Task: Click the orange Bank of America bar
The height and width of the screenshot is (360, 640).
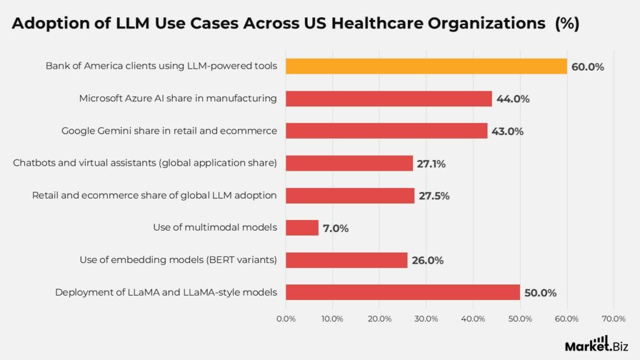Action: coord(426,66)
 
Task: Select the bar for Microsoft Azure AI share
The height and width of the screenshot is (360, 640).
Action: coord(389,98)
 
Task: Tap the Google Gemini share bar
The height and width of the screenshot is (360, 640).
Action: coord(386,131)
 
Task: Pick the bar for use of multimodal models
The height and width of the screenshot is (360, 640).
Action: coord(302,227)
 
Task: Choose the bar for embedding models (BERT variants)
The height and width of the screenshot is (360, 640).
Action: coord(346,260)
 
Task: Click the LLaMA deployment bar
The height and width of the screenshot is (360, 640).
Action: coord(402,292)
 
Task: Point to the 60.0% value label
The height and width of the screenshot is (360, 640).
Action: coord(587,66)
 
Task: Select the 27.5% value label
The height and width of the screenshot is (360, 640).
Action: coord(434,196)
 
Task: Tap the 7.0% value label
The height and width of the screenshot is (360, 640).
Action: coord(336,228)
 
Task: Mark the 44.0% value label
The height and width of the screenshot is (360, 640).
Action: coord(513,99)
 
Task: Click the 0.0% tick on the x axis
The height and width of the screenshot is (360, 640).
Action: coord(286,319)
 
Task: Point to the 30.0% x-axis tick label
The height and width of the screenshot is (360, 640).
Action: coord(426,319)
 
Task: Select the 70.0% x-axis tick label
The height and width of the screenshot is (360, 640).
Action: coord(613,319)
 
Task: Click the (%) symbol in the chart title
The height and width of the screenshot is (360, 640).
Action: coord(567,24)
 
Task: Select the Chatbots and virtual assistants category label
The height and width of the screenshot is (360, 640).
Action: coord(145,163)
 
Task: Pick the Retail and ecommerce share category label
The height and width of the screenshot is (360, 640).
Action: coord(154,196)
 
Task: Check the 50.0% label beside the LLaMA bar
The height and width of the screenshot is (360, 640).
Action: coord(541,292)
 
